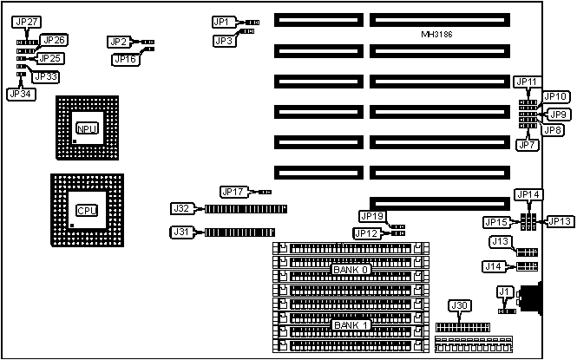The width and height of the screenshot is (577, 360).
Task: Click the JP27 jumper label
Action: point(24,22)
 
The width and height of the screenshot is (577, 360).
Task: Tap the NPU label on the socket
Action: point(87,128)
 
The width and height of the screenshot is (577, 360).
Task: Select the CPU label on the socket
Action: point(87,210)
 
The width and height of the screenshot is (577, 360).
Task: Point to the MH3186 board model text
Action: point(436,35)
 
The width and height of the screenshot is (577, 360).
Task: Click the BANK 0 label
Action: point(351,270)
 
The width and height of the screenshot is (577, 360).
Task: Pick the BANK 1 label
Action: point(351,325)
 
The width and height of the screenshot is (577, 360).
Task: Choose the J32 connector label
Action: point(181,208)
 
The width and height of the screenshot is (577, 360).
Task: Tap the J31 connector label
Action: point(181,232)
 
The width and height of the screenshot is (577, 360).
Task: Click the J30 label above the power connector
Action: point(459,305)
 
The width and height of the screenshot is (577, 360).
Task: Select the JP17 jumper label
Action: point(233,192)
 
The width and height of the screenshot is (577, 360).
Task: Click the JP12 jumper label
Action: point(366,232)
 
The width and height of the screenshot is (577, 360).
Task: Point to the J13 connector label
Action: point(498,242)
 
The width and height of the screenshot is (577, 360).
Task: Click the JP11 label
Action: point(527,82)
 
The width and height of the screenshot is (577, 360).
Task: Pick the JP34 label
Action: point(20,94)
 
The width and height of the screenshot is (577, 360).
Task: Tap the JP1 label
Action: point(222,22)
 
